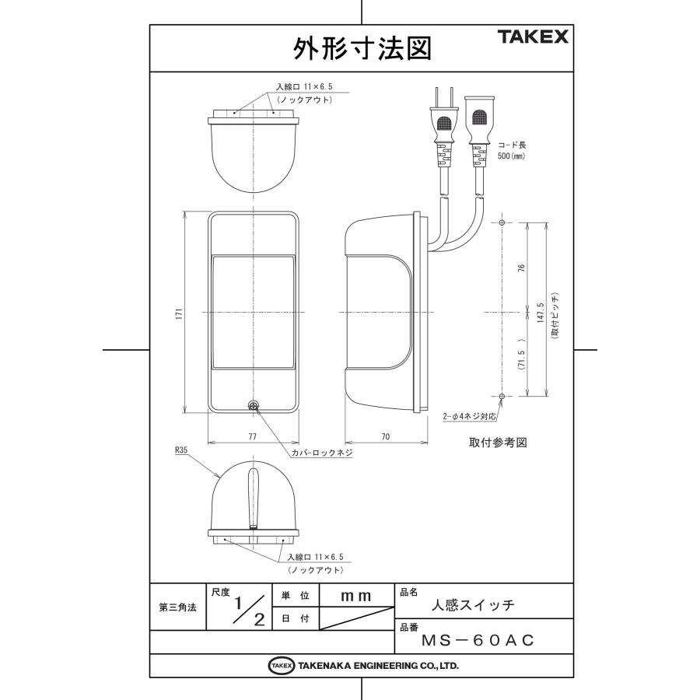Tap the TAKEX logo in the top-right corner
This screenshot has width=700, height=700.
tap(533, 37)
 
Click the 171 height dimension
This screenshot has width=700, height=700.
tap(178, 313)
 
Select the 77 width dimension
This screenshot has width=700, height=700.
tap(253, 437)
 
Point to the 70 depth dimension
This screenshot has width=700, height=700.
tap(385, 437)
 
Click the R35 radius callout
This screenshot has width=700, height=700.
tap(181, 450)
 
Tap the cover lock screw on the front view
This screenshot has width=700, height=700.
tap(253, 405)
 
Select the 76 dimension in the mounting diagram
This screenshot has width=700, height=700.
tap(522, 268)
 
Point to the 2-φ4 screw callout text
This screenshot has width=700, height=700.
tap(468, 416)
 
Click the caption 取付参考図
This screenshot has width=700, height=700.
tap(498, 442)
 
